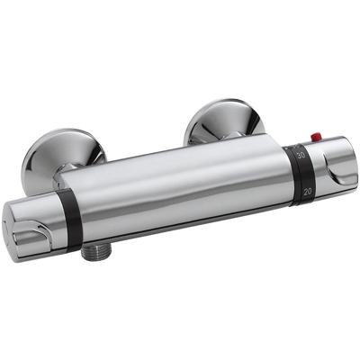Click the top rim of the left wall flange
pos(63,133)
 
